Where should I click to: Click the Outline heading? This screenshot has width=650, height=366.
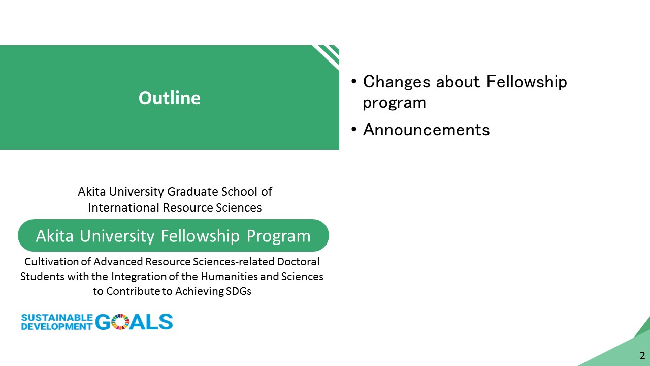pos(170,98)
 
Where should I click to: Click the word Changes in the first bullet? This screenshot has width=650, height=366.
pos(397,82)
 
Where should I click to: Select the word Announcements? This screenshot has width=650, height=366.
pos(426,130)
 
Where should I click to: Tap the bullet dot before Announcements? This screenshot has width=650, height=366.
pos(354,129)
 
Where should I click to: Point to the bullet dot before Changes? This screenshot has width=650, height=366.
pos(354,82)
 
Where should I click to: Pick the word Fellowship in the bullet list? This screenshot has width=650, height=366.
pos(527,82)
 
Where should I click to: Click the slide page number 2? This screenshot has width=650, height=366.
pos(642,355)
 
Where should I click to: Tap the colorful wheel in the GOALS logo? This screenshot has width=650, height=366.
pos(120,322)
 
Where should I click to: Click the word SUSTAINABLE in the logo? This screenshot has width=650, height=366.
pos(57,318)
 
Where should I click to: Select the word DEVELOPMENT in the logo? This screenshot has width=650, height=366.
pos(57,326)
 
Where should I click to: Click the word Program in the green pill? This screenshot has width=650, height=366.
pos(279,236)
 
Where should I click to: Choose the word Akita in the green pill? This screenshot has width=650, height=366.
pos(54,235)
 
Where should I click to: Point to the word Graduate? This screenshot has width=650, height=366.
pos(192,192)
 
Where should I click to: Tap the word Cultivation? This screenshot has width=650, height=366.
pos(51,262)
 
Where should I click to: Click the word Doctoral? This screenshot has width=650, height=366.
pos(298,262)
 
